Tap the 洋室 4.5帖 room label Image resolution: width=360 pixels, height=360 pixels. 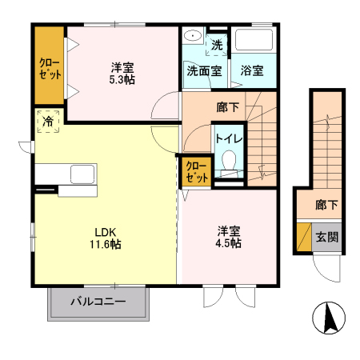pyautogui.click(x=229, y=238)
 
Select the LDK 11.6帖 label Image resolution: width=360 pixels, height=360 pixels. pyautogui.click(x=105, y=238)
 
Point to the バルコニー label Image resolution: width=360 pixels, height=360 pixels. pyautogui.click(x=98, y=302)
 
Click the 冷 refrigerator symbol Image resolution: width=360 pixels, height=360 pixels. pyautogui.click(x=48, y=122)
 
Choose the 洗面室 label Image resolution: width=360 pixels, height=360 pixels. pyautogui.click(x=203, y=70)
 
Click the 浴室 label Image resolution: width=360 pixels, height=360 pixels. pyautogui.click(x=253, y=70)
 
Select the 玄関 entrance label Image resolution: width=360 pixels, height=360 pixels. pyautogui.click(x=325, y=237)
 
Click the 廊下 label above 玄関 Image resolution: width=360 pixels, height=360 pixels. pyautogui.click(x=325, y=205)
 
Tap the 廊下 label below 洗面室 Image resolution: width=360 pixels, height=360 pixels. pyautogui.click(x=227, y=106)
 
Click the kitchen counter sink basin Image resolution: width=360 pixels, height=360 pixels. pyautogui.click(x=82, y=174)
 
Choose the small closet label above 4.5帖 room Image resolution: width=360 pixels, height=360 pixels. pyautogui.click(x=197, y=172)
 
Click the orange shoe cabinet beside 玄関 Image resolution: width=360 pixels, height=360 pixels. pyautogui.click(x=304, y=237)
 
